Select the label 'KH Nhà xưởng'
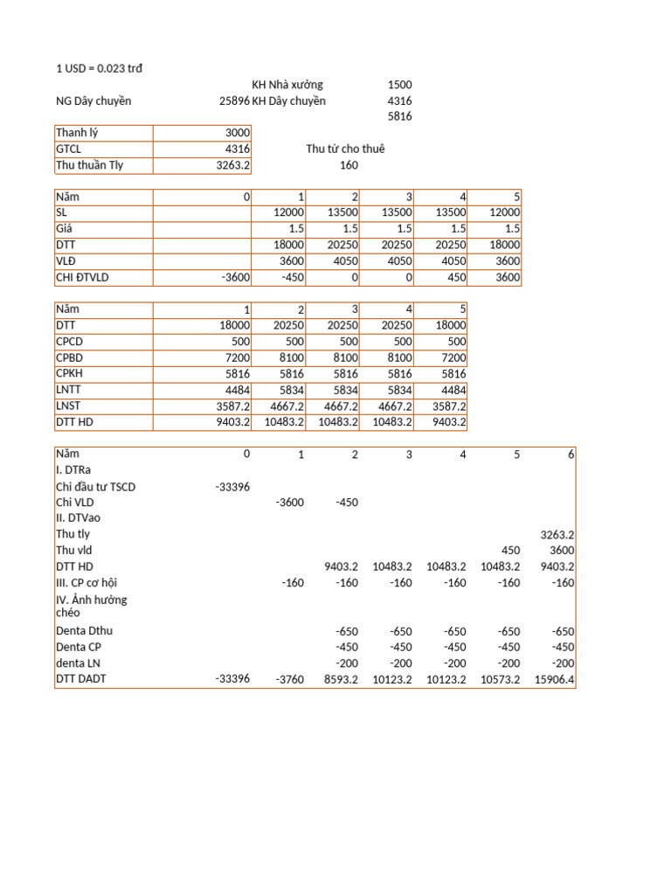pos(287,85)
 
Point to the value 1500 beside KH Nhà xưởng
pos(399,85)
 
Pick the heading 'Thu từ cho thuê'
pos(345,149)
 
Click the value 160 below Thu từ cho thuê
pos(349,165)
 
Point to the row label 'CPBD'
pos(70,358)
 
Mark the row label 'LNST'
pos(69,406)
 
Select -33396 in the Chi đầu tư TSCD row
pos(232,487)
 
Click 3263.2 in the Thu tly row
pos(557,535)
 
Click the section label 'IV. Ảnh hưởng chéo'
pos(91,606)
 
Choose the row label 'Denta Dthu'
pos(84,631)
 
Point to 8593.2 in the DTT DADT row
pos(341,680)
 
